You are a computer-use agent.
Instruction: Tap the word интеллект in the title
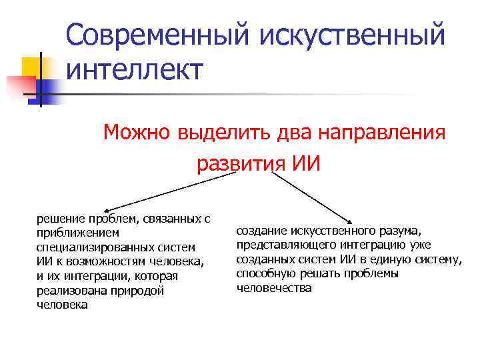tap(134, 69)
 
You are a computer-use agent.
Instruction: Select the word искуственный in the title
tap(352, 34)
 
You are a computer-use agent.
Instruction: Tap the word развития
tap(241, 163)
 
